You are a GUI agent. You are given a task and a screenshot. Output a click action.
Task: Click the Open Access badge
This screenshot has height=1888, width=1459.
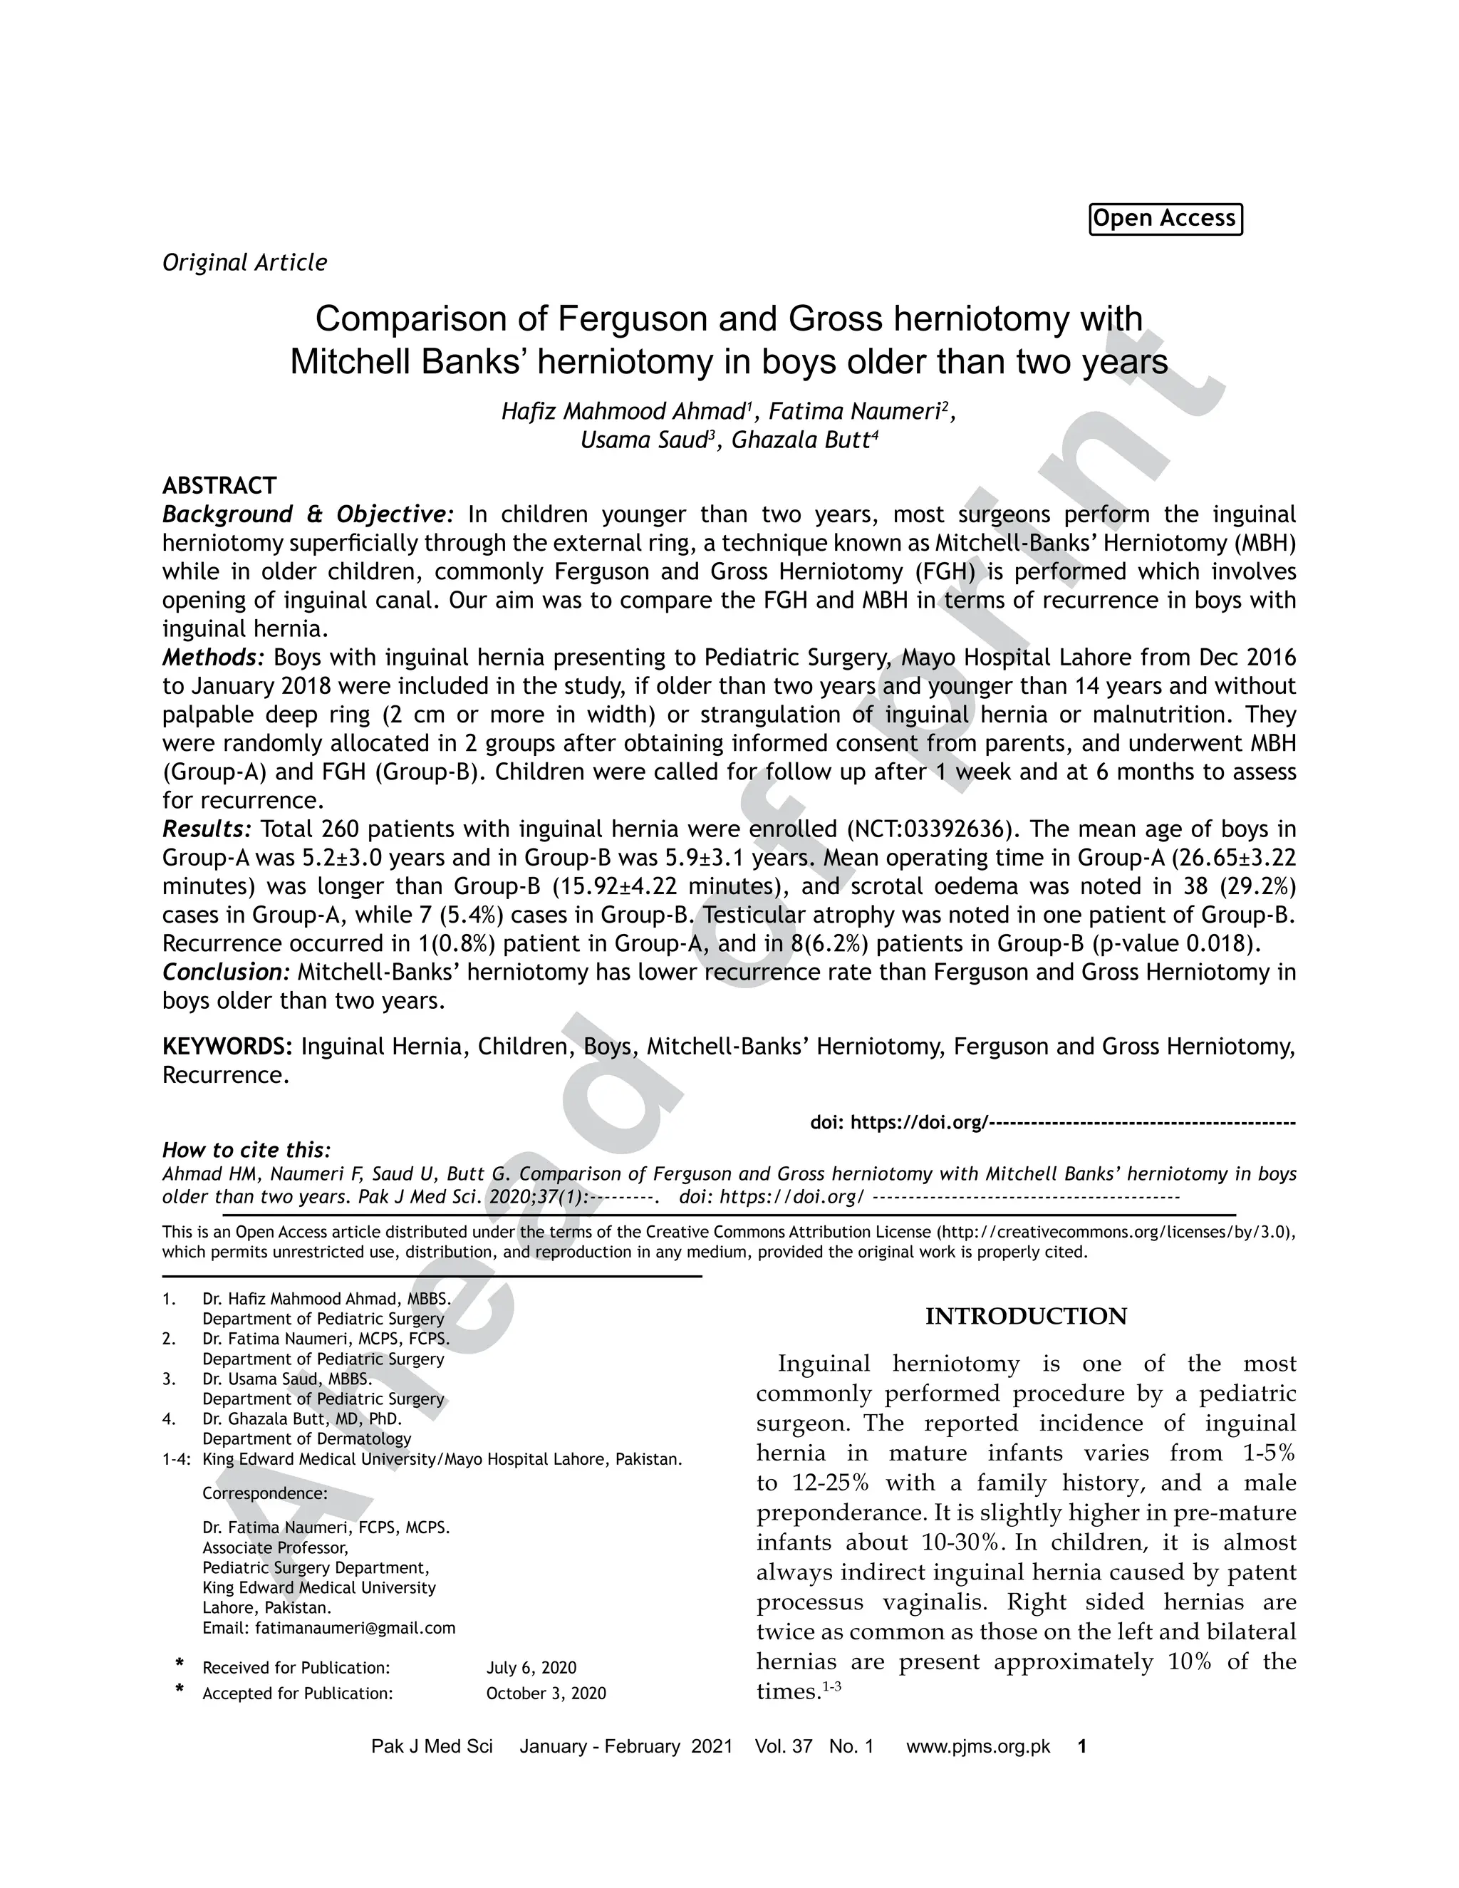1164,219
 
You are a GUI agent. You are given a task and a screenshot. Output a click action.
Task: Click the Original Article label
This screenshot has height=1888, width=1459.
244,263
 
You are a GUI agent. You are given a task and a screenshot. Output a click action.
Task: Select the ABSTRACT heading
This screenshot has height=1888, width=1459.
219,485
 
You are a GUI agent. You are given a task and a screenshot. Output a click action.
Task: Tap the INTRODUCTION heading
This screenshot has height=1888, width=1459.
1026,1317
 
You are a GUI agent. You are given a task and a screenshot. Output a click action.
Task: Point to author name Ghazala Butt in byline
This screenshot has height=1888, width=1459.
799,441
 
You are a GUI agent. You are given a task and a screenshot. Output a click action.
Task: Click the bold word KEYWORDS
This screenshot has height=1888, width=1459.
227,1047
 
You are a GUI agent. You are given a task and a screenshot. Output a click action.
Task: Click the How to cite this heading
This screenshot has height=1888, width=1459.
246,1151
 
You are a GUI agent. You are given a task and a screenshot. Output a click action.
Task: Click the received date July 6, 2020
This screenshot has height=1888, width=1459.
531,1668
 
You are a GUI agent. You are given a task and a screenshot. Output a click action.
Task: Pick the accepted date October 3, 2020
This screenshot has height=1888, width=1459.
546,1694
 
